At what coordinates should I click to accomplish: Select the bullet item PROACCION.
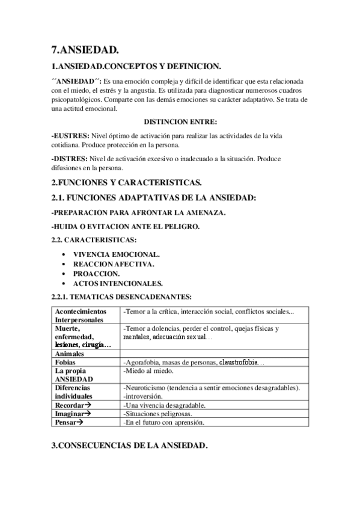(96, 274)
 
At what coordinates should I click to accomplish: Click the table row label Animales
(71, 354)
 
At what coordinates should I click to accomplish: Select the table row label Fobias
(66, 363)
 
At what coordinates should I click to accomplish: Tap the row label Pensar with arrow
(69, 422)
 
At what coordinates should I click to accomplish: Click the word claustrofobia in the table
(240, 363)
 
